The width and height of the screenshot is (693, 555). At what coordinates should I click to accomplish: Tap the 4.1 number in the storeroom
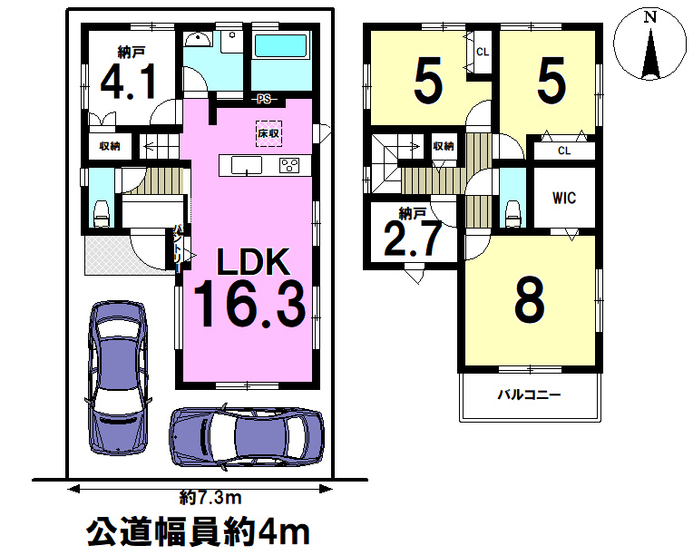click(129, 82)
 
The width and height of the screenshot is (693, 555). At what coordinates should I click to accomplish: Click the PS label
click(264, 99)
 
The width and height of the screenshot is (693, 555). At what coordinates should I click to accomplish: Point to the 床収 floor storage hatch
click(268, 133)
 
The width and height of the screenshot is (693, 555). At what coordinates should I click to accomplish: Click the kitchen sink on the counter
click(247, 165)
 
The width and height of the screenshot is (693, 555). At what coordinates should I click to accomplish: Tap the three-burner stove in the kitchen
click(289, 165)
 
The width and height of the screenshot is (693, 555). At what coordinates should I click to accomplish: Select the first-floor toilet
click(102, 214)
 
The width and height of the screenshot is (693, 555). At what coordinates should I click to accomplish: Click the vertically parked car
click(118, 378)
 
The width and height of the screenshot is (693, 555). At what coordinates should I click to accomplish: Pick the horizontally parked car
click(247, 436)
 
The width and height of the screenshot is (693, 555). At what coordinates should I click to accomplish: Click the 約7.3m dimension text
click(210, 498)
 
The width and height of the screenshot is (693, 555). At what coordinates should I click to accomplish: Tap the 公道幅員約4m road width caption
click(198, 532)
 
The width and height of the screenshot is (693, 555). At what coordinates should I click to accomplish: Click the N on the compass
click(649, 17)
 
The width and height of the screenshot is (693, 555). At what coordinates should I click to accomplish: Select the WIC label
click(564, 198)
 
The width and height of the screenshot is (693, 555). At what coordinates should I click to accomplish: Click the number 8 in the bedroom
click(530, 299)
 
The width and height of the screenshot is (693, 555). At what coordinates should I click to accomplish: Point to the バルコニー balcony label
click(530, 394)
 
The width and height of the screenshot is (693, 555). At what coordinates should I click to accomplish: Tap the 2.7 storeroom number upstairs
click(413, 239)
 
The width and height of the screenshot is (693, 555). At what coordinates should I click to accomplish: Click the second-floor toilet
click(512, 214)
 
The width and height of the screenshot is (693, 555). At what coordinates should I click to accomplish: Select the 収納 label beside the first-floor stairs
click(110, 146)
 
